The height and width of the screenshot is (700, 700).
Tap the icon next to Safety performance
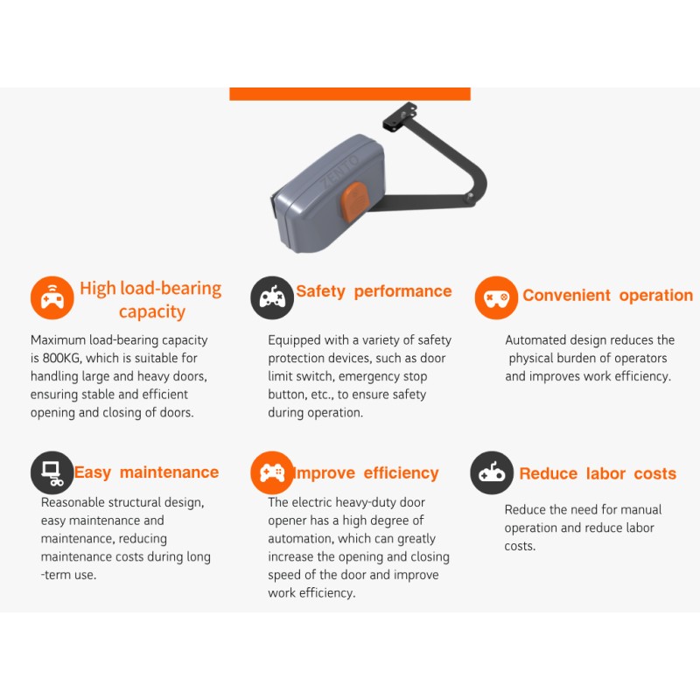tap(272, 297)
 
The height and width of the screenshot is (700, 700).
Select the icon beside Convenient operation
tap(496, 297)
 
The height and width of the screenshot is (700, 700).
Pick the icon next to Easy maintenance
tap(52, 473)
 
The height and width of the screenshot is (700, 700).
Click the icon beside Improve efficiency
tap(272, 473)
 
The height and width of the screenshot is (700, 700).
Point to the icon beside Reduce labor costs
tap(492, 473)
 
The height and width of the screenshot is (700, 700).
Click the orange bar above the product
tap(350, 94)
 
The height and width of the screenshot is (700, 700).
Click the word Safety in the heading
tap(320, 291)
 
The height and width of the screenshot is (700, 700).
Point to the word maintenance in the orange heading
tap(169, 472)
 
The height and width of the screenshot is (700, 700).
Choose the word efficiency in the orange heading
tap(401, 473)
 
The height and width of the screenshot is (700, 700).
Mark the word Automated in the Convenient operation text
tap(535, 339)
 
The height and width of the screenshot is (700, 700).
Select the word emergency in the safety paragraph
tap(369, 376)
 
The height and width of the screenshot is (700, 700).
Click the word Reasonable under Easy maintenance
tap(74, 502)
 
